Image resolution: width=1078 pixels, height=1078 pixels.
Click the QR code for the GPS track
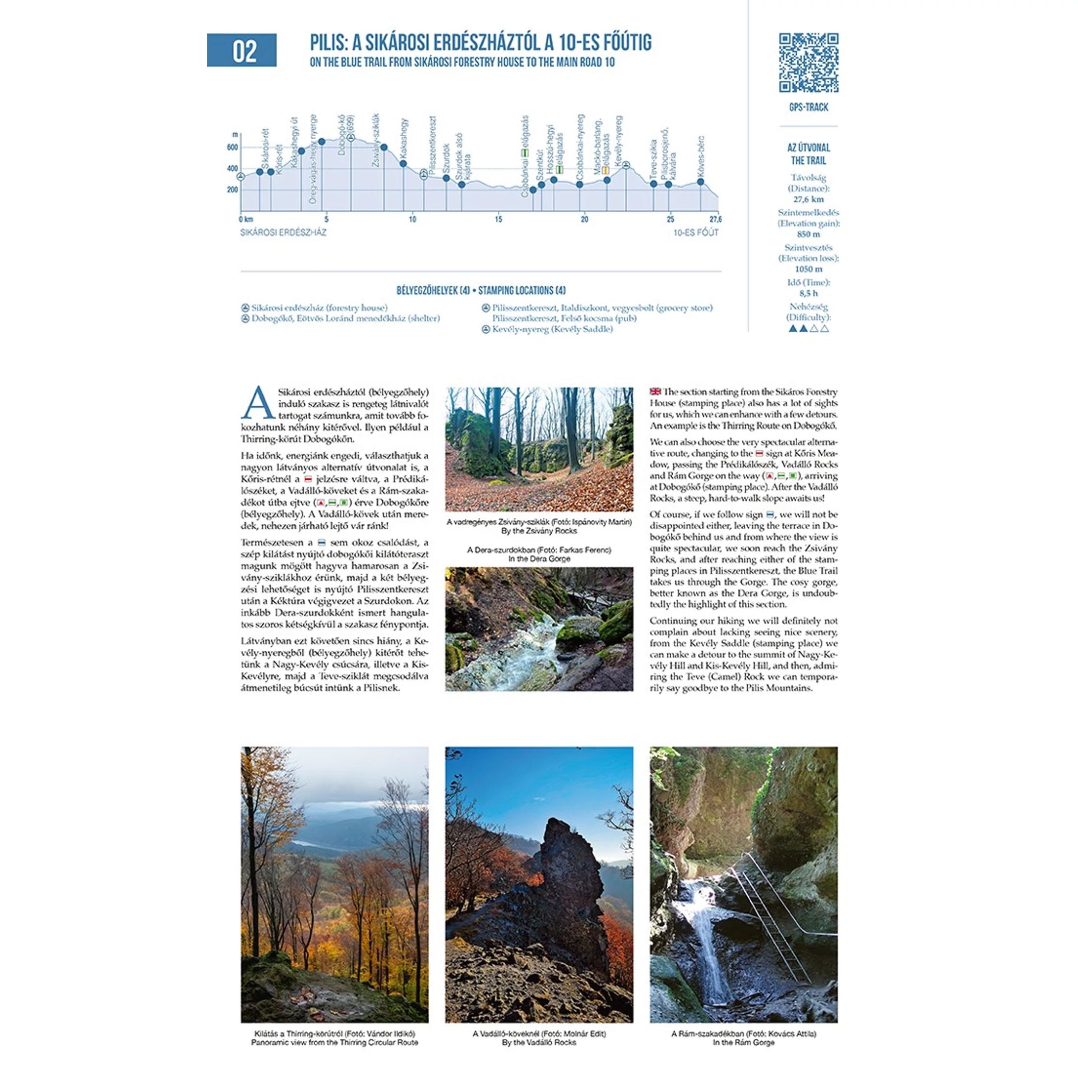click(808, 63)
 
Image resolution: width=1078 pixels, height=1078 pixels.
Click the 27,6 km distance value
click(808, 199)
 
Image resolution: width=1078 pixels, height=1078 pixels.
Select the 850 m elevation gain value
click(808, 234)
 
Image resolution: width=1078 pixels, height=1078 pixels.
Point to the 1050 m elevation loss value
click(808, 269)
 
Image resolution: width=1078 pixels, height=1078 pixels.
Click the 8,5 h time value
click(808, 293)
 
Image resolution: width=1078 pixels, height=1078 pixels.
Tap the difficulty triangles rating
click(808, 329)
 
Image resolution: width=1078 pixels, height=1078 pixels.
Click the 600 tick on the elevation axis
click(232, 147)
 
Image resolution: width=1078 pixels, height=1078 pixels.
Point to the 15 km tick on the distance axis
click(498, 220)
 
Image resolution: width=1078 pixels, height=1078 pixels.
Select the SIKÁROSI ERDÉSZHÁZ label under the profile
click(283, 232)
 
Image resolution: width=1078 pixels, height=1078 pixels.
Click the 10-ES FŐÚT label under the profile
click(696, 232)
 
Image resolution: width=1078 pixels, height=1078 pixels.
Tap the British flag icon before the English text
click(655, 392)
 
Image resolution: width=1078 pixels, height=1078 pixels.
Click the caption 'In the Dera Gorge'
click(539, 559)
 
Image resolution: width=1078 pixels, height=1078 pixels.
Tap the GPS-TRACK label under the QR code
click(808, 107)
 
